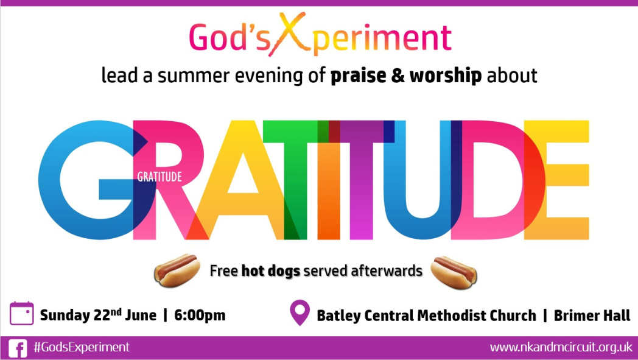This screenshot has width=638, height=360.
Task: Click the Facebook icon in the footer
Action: pyautogui.click(x=18, y=348)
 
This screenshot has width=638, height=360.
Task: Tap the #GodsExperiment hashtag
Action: pyautogui.click(x=82, y=347)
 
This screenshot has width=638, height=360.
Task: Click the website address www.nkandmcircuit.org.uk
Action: pyautogui.click(x=561, y=347)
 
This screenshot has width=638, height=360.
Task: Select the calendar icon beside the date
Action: pyautogui.click(x=21, y=313)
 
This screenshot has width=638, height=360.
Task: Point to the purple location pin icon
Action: pyautogui.click(x=300, y=312)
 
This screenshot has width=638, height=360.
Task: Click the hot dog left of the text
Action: pyautogui.click(x=177, y=270)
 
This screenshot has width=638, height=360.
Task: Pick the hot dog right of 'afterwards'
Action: pyautogui.click(x=454, y=272)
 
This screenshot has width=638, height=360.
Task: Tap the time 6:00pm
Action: pyautogui.click(x=200, y=315)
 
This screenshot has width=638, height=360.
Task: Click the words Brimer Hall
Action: pyautogui.click(x=592, y=315)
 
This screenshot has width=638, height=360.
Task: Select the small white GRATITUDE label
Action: pyautogui.click(x=159, y=177)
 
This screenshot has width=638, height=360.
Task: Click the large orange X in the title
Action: pyautogui.click(x=288, y=34)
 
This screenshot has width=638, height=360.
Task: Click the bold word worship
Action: pyautogui.click(x=446, y=76)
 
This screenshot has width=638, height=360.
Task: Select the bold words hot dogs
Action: pyautogui.click(x=270, y=271)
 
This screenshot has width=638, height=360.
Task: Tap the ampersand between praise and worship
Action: pyautogui.click(x=398, y=76)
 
